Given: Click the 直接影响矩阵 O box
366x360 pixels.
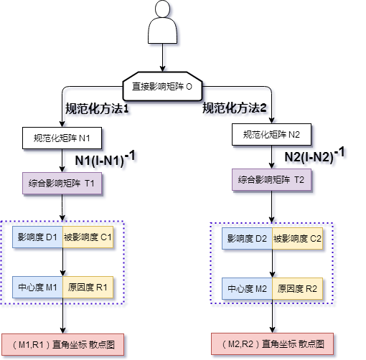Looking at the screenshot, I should click(163, 87).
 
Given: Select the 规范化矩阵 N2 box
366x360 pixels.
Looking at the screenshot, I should click(276, 134).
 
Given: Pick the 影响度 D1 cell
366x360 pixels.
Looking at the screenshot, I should click(38, 237).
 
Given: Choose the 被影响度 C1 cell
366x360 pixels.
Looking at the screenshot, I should click(89, 237).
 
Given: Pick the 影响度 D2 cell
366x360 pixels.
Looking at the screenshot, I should click(248, 238).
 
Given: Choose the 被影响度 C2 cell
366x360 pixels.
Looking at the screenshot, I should click(298, 238).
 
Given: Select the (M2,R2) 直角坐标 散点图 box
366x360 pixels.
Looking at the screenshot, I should click(273, 344).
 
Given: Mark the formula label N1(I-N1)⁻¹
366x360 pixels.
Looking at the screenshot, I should click(107, 161).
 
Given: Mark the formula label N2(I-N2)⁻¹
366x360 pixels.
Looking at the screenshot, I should click(316, 156).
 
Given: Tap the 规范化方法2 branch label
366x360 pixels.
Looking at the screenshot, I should click(237, 110).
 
